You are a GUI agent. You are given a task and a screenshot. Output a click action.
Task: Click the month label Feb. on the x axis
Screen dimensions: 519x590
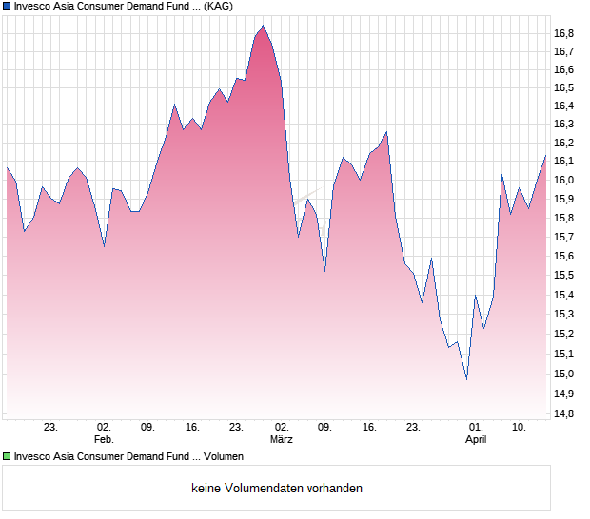tap(104, 440)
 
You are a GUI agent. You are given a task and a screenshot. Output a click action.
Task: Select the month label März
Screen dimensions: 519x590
tap(281, 440)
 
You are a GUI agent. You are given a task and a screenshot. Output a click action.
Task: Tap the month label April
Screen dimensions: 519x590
tap(476, 440)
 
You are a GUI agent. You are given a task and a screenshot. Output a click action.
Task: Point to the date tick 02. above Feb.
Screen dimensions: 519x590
tap(104, 428)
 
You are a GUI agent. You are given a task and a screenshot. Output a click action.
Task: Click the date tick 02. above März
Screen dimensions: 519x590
tap(281, 428)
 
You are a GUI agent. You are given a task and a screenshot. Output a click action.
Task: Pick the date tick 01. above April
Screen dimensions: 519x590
tap(476, 428)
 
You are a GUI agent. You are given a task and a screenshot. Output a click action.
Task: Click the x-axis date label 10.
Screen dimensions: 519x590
tap(520, 428)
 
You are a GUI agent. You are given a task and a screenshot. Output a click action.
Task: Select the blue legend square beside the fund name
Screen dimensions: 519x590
tap(7, 6)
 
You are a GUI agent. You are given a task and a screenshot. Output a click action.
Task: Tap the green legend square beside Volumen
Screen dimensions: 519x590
tap(7, 457)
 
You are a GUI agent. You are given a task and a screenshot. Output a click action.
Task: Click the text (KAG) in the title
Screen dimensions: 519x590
tap(219, 6)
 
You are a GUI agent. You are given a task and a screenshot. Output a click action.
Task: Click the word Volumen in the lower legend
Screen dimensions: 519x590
tap(221, 457)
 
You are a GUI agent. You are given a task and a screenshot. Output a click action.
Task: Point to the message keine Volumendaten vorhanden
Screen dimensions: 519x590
tap(277, 489)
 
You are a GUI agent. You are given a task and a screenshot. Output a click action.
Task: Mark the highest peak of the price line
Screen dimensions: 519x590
tap(263, 26)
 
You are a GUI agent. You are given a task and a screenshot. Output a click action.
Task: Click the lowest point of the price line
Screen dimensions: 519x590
tap(466, 379)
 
